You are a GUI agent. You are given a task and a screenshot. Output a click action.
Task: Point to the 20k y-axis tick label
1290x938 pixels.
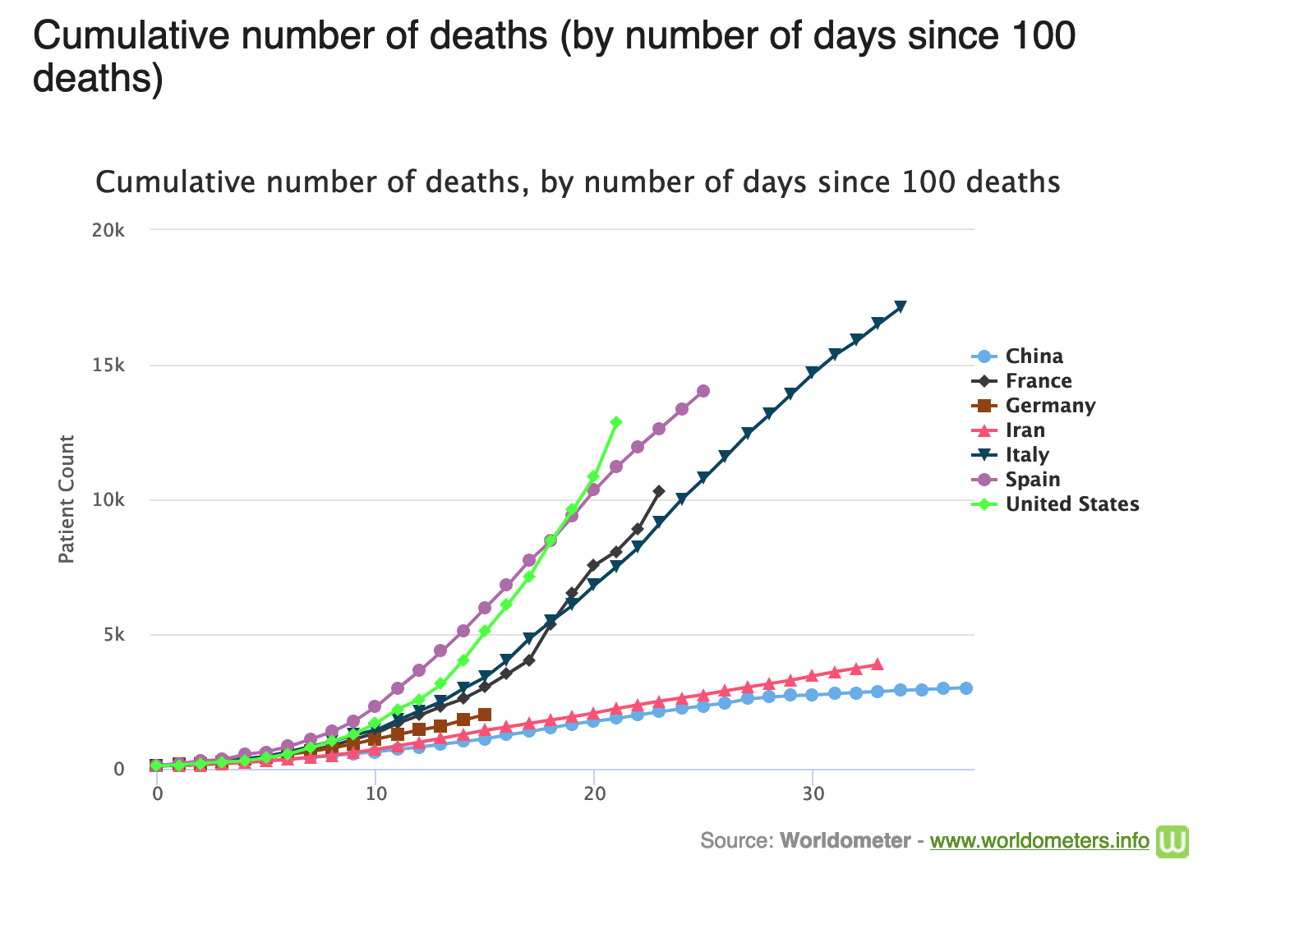pos(108,230)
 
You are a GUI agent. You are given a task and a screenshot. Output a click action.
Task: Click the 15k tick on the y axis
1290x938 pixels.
pos(108,366)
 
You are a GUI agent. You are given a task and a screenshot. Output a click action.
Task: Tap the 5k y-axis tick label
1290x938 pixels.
pos(113,635)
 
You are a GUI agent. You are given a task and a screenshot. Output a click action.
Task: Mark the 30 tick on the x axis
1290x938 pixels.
pos(813,794)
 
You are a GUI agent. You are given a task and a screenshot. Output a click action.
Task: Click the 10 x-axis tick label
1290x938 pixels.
pos(375,794)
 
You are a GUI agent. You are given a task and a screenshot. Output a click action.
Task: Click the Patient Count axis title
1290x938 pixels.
pos(67,499)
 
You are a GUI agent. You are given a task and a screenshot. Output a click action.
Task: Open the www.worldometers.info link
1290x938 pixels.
pos(1039,841)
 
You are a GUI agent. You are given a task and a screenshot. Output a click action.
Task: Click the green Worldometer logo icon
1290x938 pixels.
pos(1173,841)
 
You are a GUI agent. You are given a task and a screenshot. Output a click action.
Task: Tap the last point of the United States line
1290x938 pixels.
pos(616,422)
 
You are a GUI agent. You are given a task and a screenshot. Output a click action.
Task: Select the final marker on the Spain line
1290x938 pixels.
pos(703,391)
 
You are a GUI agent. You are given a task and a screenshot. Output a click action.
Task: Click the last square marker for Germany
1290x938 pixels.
pos(485,715)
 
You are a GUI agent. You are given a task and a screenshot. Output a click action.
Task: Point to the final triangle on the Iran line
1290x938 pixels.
pos(878,664)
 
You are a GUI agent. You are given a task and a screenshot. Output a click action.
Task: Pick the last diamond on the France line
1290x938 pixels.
pos(659,491)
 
